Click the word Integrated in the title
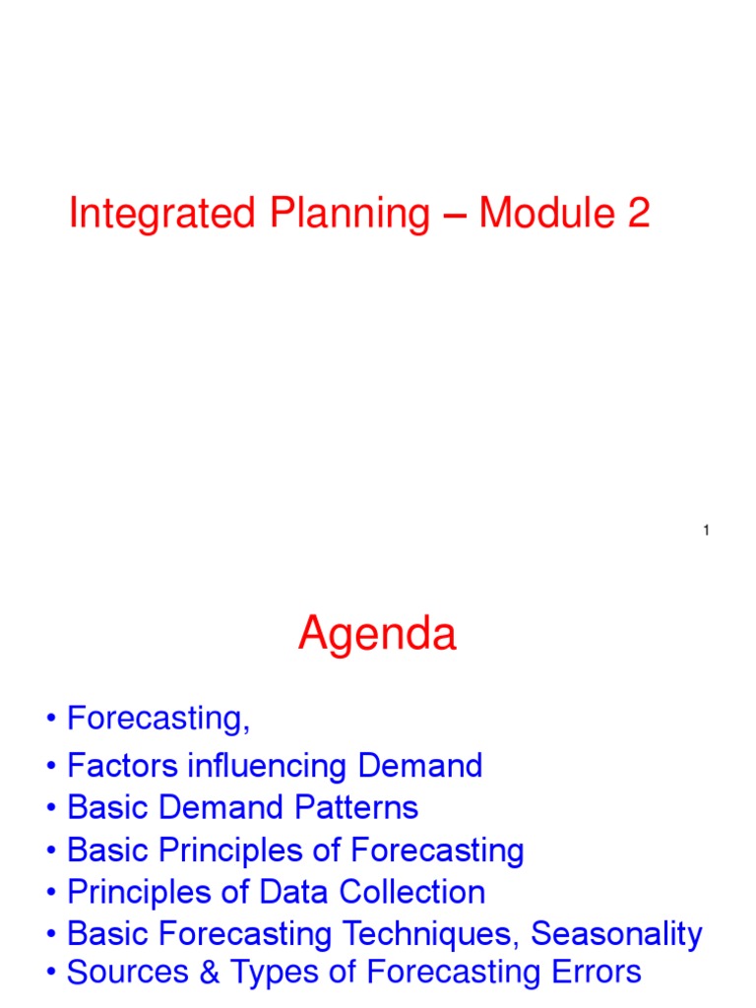[148, 214]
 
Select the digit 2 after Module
[639, 214]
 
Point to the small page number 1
[707, 532]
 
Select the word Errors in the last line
[594, 973]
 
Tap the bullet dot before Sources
[50, 974]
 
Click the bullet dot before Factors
[50, 767]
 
